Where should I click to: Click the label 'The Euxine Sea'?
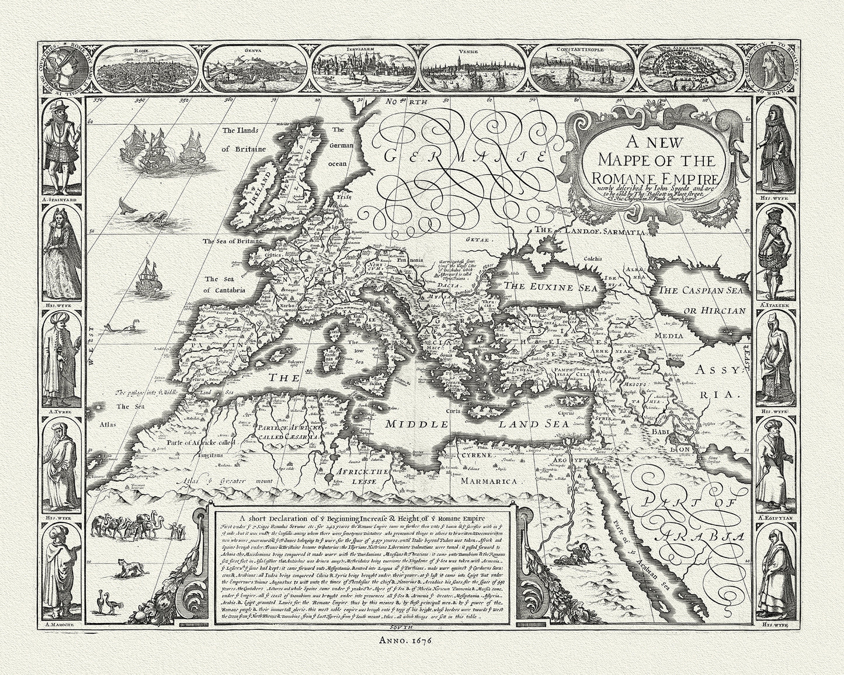[x=544, y=288]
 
